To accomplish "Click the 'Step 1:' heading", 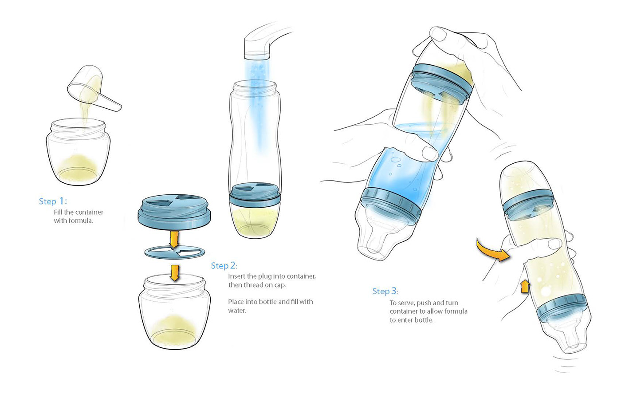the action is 53,201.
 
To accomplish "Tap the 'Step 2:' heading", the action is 224,266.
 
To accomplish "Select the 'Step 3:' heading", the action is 385,291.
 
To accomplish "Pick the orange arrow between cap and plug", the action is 174,239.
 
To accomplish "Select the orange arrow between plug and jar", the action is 175,272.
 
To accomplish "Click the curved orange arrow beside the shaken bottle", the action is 491,251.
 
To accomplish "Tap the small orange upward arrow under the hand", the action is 525,286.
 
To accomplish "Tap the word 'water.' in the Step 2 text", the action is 237,311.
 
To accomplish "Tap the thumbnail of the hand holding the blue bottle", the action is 429,154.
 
